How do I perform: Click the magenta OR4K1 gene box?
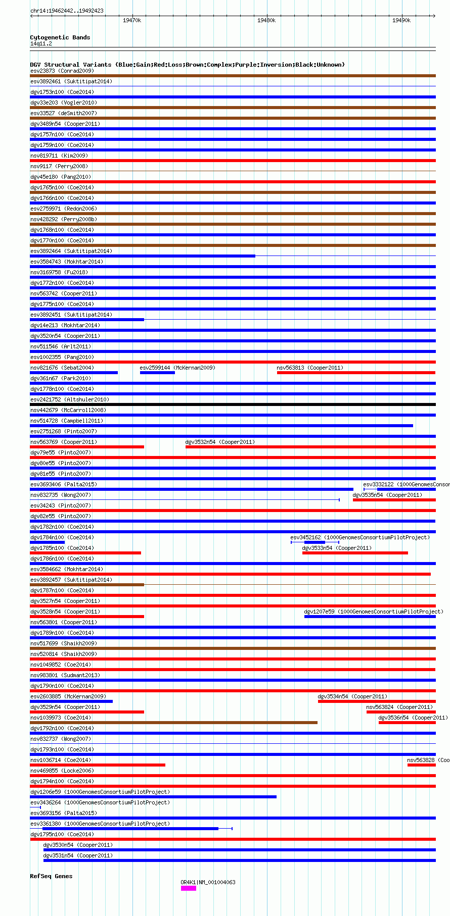click(188, 888)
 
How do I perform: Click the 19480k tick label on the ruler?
click(266, 20)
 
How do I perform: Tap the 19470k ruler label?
click(132, 20)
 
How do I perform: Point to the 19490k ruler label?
click(401, 20)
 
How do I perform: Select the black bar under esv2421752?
click(233, 404)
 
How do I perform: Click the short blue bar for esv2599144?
click(157, 373)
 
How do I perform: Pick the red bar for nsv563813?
click(356, 373)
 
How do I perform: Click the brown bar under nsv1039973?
click(173, 723)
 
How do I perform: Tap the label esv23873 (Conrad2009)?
click(62, 71)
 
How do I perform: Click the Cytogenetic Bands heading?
click(60, 37)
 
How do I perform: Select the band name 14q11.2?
click(41, 43)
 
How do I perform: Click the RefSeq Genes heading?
click(51, 876)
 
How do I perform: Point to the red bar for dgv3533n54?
click(355, 553)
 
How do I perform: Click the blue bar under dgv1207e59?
click(370, 617)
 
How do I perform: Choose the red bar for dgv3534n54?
click(377, 701)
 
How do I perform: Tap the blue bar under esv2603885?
click(71, 701)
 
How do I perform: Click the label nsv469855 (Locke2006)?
click(62, 771)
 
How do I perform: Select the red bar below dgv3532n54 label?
click(310, 447)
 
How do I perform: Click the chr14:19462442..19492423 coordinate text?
click(67, 11)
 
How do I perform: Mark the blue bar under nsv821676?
click(74, 373)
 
